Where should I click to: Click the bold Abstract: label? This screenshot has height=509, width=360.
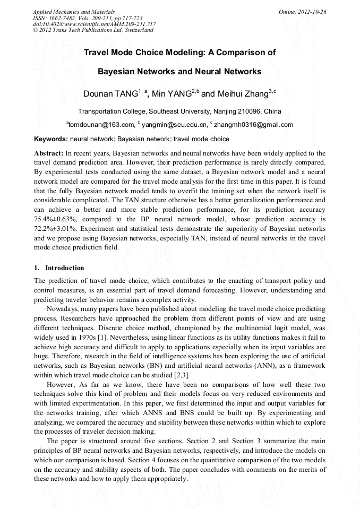click(49, 153)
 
